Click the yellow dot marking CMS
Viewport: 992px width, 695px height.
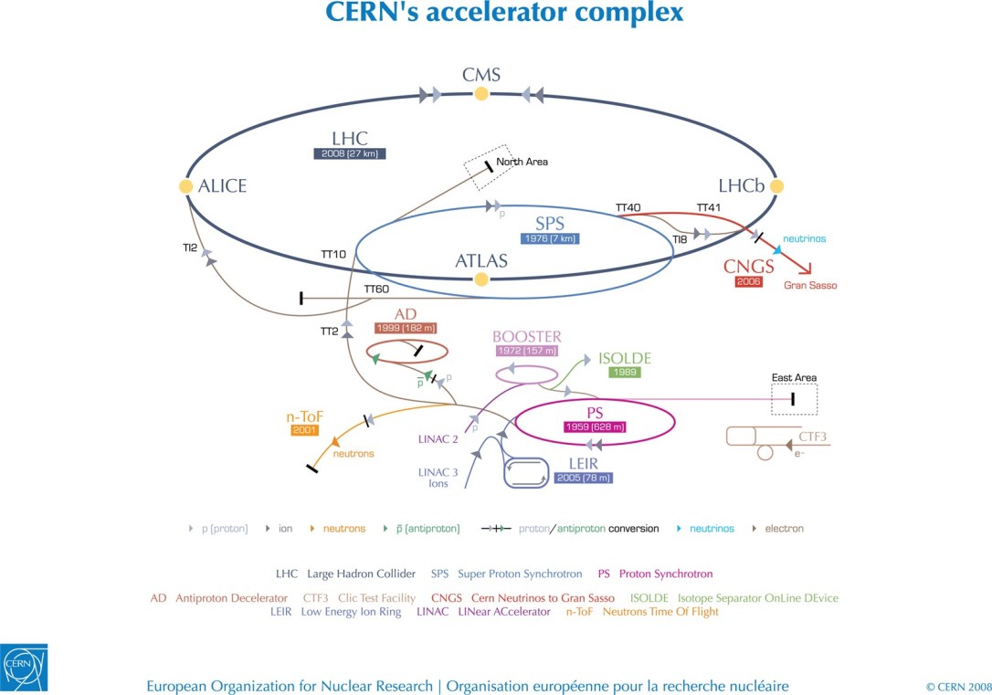pos(481,93)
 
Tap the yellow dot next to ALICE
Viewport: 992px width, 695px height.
pos(186,186)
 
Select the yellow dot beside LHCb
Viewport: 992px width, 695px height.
pos(777,186)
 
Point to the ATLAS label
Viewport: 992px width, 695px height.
pos(481,261)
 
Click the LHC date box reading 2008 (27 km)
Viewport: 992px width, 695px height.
pos(349,154)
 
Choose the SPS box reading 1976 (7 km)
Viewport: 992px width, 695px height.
pos(550,239)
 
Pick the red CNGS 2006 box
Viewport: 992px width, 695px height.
pos(748,282)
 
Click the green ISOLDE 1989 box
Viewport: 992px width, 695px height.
pos(624,373)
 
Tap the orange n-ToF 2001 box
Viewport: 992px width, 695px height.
pos(304,430)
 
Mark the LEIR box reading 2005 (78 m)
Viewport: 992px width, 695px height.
pos(583,478)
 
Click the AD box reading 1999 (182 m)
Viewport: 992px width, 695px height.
pos(406,328)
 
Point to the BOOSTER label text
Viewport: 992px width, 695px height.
pos(527,337)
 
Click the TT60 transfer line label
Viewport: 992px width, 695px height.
pos(376,290)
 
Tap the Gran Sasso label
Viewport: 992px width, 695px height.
pos(810,286)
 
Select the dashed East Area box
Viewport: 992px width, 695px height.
pos(794,399)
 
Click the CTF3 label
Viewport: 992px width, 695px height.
pos(812,437)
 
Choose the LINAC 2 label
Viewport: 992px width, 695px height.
pos(438,439)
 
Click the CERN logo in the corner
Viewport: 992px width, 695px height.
pos(24,668)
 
